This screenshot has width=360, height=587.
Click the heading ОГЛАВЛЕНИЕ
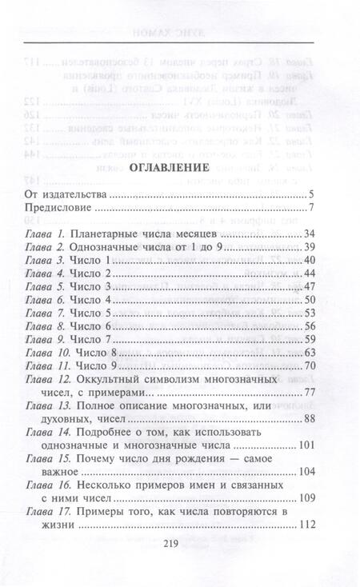(x=179, y=169)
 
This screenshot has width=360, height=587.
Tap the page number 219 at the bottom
(x=179, y=563)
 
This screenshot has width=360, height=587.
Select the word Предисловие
(x=58, y=210)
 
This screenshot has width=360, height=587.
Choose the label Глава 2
(x=46, y=248)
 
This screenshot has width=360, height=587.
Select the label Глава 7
(x=46, y=313)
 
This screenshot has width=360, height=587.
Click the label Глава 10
(x=48, y=353)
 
